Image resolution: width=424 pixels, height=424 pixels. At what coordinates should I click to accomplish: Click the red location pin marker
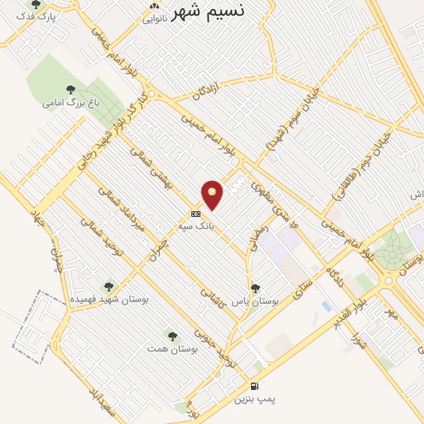[213, 195]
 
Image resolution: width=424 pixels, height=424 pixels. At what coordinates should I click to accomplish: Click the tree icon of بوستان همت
[172, 335]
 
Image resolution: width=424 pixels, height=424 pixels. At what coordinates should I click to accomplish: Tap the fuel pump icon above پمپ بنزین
[253, 387]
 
